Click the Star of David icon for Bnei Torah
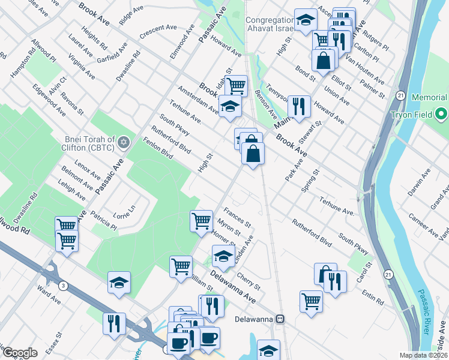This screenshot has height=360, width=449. [124, 142]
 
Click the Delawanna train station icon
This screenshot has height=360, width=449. [280, 319]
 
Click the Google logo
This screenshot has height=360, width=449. [20, 353]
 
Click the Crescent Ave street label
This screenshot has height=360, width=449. [157, 32]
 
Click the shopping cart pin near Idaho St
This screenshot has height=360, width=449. [237, 86]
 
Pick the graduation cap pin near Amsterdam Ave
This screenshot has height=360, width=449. [229, 107]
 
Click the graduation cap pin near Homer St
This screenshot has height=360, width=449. [223, 257]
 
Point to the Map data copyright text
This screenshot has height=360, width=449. [423, 355]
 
